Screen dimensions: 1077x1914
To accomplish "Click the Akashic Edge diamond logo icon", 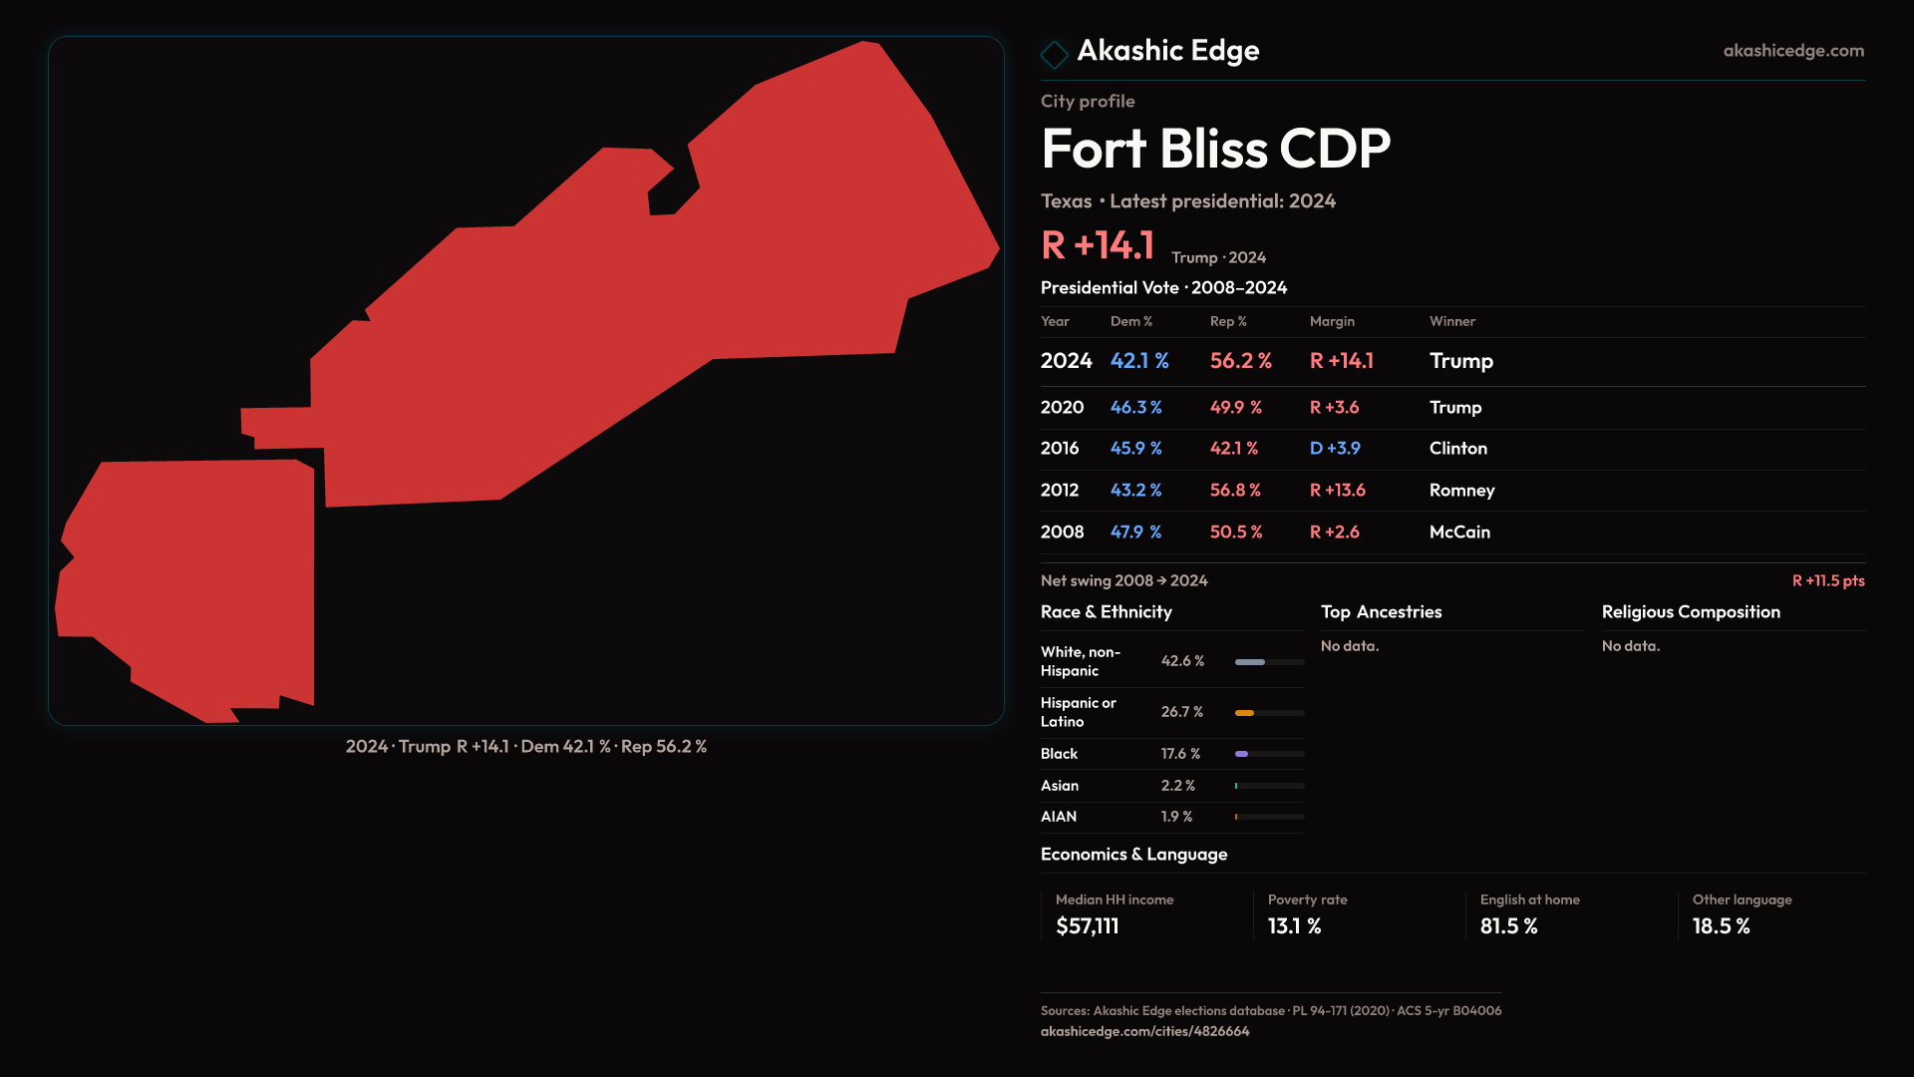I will pos(1054,54).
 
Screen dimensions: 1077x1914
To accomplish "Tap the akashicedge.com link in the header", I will pos(1792,51).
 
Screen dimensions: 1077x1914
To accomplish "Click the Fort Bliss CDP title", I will pos(1215,150).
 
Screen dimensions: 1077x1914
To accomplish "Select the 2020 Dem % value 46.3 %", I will pos(1135,408).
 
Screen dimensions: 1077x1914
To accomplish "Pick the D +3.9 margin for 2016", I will pos(1335,449).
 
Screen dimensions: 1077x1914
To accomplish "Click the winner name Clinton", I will pos(1457,449).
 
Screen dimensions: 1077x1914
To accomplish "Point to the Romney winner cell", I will pos(1461,491).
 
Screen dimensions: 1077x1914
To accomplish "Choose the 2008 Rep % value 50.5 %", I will pos(1235,533).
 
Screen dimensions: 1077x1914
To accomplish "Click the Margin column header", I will pos(1332,321).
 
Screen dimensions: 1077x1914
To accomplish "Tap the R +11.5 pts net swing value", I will pos(1827,580).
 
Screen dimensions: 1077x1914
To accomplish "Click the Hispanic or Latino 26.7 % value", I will pos(1181,712).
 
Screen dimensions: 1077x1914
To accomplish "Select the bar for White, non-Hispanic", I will pos(1269,662).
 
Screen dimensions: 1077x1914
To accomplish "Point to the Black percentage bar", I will pos(1269,754).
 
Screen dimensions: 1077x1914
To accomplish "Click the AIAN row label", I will pos(1058,817).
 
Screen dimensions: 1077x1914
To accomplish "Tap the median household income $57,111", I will pos(1087,926).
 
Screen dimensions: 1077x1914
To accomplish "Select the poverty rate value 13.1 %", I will pos(1294,926).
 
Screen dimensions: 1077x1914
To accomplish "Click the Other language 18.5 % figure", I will pos(1721,926).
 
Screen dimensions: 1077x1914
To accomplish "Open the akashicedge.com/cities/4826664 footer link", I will pos(1144,1031).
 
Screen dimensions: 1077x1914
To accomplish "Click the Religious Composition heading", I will pos(1690,612).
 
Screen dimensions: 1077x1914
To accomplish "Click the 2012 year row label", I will pos(1059,491).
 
